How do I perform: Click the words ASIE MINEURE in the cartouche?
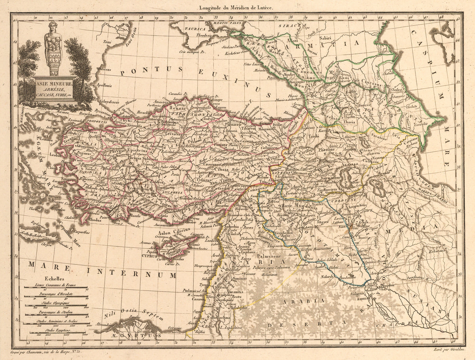point(53,84)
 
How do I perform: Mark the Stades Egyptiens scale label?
point(55,329)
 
